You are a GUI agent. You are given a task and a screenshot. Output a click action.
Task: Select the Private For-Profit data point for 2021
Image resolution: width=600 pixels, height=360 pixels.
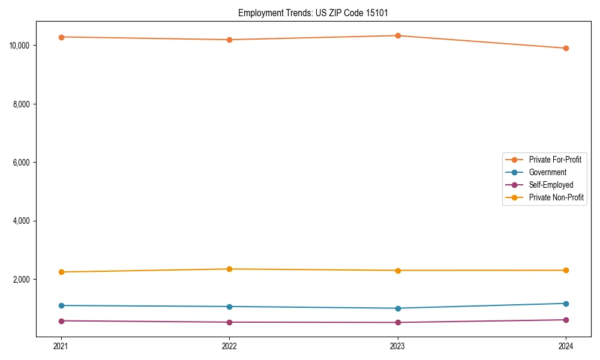pyautogui.click(x=61, y=37)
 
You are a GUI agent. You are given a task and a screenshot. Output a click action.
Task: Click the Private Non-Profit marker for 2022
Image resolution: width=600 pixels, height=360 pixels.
pyautogui.click(x=229, y=269)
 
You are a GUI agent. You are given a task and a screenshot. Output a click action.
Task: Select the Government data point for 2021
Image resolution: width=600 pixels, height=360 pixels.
pyautogui.click(x=61, y=305)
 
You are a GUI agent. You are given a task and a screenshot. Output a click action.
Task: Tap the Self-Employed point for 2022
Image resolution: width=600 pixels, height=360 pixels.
pyautogui.click(x=229, y=322)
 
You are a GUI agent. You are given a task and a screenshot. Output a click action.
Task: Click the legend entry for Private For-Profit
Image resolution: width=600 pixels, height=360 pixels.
pyautogui.click(x=555, y=160)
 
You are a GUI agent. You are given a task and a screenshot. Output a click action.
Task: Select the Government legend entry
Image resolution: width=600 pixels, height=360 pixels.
pyautogui.click(x=547, y=172)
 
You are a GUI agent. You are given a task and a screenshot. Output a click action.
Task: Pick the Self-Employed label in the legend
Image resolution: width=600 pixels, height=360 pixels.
pyautogui.click(x=551, y=185)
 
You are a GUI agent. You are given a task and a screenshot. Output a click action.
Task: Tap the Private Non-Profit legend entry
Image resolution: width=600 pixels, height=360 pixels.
pyautogui.click(x=556, y=197)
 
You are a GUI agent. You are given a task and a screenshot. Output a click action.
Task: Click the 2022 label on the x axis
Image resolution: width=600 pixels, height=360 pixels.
pyautogui.click(x=229, y=346)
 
